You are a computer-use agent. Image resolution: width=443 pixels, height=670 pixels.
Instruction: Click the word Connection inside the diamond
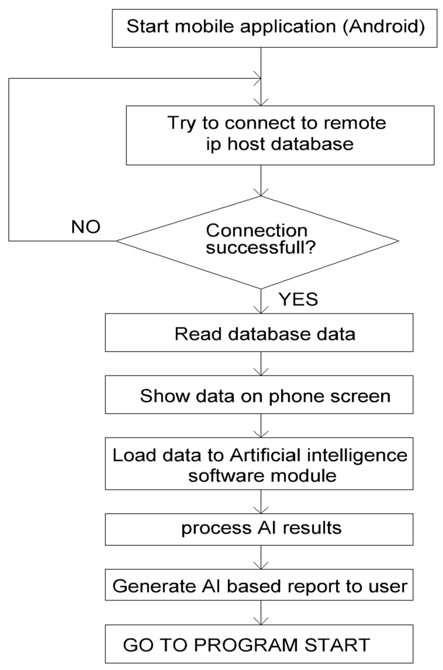(257, 231)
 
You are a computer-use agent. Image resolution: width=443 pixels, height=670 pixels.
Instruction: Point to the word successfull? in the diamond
(261, 248)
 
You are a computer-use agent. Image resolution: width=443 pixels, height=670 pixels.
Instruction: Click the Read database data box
(259, 333)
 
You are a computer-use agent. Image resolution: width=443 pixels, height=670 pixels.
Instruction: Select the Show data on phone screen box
(259, 395)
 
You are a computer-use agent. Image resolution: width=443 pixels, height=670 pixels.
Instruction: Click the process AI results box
(259, 529)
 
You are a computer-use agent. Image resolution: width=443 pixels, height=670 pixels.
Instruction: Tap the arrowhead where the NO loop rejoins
(258, 79)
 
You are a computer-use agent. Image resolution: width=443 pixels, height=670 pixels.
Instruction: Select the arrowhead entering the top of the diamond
(261, 193)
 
